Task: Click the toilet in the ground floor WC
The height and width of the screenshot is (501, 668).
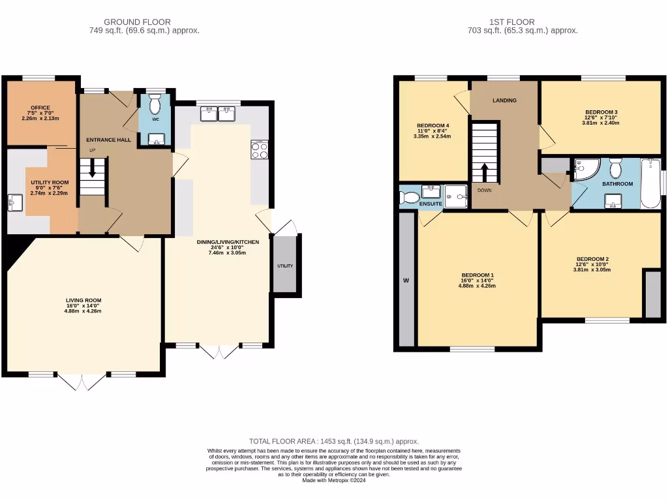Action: coord(155,104)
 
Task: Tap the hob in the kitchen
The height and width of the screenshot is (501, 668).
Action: coord(259,149)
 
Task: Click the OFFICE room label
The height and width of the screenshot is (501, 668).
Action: coord(40,108)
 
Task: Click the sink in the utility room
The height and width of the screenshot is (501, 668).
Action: coord(14,203)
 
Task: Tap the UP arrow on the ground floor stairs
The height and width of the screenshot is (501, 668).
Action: coord(92,172)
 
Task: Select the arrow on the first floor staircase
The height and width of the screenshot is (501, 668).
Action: coord(485,172)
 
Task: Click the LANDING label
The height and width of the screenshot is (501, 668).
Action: coord(504,100)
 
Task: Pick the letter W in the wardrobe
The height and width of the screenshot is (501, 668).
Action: coord(405,281)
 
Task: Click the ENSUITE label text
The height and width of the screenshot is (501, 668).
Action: coord(431,204)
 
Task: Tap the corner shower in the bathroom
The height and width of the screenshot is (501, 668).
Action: coord(583,169)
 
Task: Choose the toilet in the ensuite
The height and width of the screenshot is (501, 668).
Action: coord(409,197)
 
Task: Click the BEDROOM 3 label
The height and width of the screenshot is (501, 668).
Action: coord(600,112)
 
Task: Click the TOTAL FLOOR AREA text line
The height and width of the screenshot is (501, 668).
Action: coord(334,442)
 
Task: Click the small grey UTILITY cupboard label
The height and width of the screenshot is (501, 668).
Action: coord(285,266)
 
